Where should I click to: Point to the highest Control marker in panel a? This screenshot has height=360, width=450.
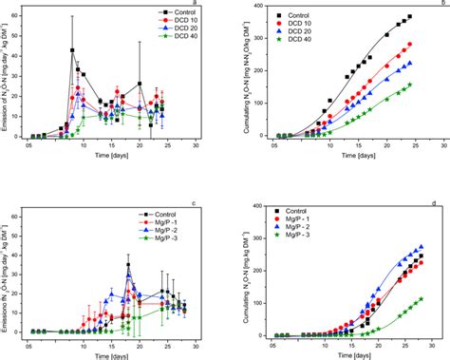[x=73, y=50]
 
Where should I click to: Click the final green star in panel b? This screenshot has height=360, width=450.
[x=409, y=85]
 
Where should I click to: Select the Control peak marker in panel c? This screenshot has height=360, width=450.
[x=129, y=266]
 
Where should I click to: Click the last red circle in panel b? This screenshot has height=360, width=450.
[x=409, y=45]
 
